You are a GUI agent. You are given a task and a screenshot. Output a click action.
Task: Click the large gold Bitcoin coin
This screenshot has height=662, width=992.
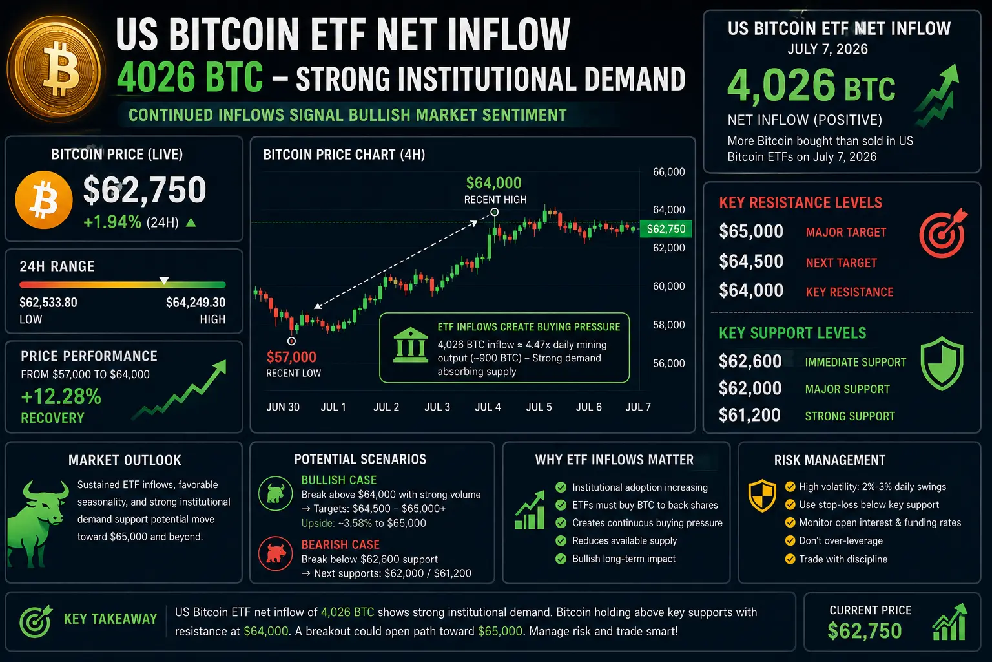pos(56,69)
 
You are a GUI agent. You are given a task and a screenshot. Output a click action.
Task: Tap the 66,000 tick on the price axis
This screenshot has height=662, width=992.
pos(668,172)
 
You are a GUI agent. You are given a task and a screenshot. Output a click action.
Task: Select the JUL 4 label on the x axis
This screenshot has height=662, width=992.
pos(488,407)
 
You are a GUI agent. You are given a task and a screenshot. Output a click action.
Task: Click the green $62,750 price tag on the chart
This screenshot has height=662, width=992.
pos(666,229)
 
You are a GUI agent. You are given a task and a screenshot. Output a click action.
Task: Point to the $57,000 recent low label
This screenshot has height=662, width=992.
pos(291,357)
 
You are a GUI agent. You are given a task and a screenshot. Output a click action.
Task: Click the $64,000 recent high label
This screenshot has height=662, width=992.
pos(494,183)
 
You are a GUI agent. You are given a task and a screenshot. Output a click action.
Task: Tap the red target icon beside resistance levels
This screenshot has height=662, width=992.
pos(942,232)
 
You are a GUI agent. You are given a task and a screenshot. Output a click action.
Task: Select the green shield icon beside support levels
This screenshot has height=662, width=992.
pos(942,363)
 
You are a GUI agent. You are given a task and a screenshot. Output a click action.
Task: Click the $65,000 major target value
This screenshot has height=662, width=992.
pos(751,231)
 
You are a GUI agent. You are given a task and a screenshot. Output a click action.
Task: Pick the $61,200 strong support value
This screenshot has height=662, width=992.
pos(750,415)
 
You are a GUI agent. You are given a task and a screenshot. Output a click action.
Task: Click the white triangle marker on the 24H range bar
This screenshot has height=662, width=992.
pos(164,280)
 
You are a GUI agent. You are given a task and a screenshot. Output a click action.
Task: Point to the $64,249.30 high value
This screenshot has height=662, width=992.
pos(196,303)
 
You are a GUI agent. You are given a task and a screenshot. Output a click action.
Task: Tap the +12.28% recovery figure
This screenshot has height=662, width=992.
pos(61,396)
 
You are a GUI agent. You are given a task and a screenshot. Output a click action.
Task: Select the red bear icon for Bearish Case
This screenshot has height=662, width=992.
pos(276,553)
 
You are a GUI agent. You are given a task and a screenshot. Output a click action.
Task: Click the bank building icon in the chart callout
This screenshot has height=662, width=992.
pos(411,345)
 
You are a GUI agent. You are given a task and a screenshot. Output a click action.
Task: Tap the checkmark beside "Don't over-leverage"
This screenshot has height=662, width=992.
pos(790,540)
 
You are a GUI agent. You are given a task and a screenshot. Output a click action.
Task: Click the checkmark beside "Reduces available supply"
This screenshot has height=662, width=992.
pos(561,540)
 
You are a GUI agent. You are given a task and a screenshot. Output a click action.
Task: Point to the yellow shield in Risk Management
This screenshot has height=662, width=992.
pos(762,495)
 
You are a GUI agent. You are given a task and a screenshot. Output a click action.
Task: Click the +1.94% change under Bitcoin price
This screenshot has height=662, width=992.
pos(112,222)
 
